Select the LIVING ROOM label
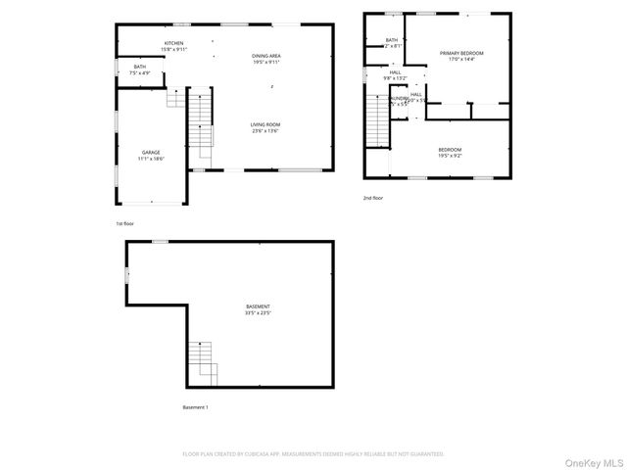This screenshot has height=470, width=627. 265,126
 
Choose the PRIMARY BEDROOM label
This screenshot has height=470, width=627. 461,55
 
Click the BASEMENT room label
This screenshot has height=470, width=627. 259,309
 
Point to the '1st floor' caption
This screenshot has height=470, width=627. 125,223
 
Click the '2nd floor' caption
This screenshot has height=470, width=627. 373,198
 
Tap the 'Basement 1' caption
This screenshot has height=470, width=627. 195,406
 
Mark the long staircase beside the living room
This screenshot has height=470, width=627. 200,122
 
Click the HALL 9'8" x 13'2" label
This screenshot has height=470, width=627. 396,74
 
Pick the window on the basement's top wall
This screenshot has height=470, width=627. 159,241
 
